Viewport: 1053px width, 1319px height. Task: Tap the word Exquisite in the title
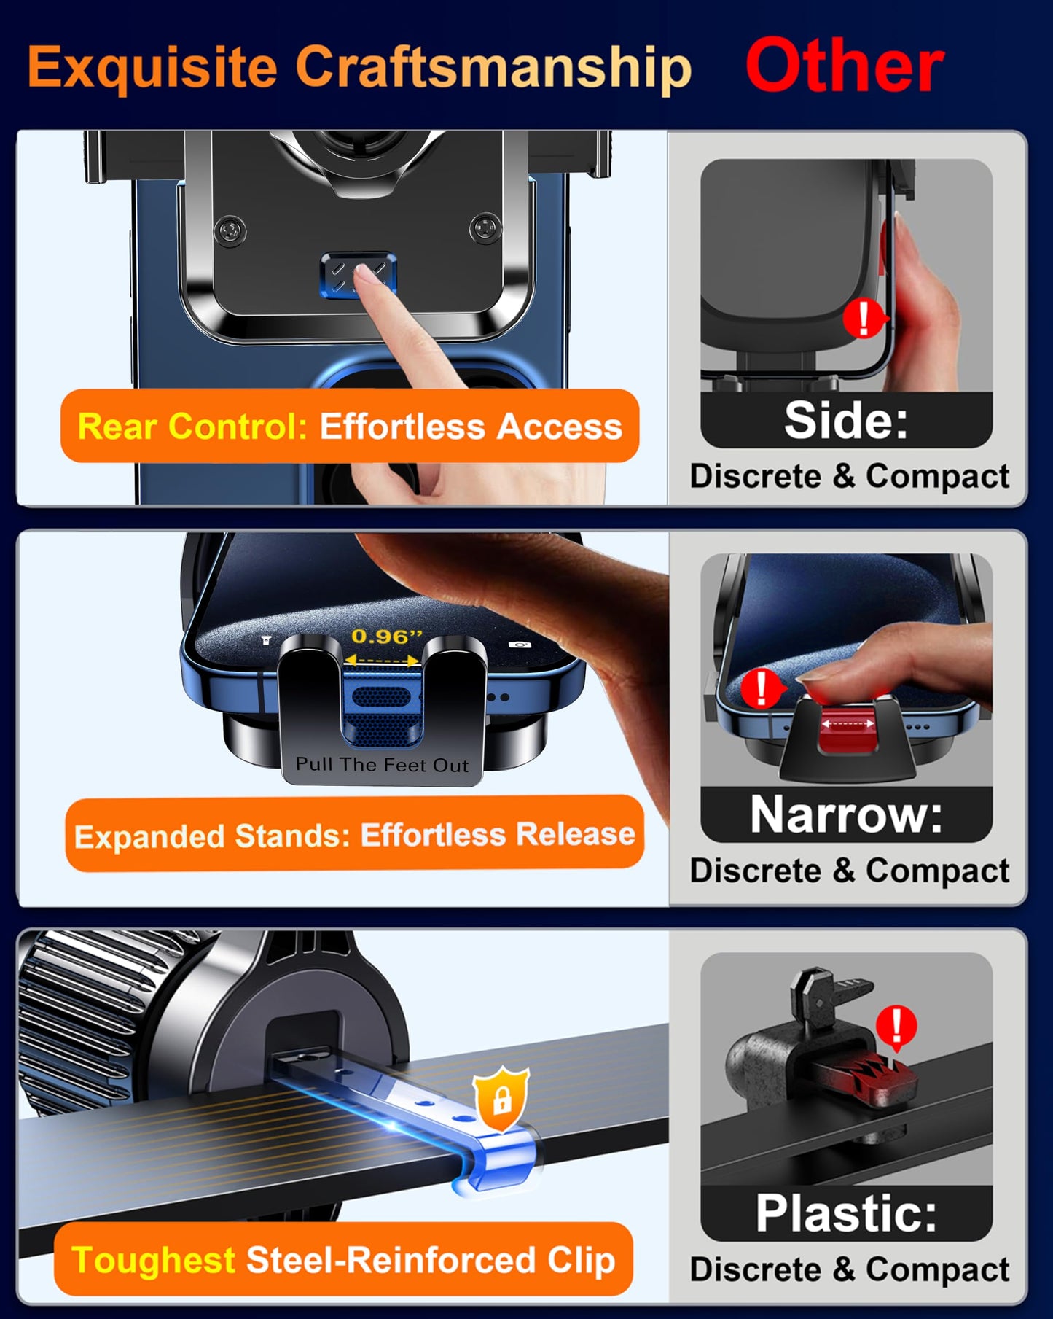pos(152,67)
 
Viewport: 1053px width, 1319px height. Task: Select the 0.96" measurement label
pos(386,637)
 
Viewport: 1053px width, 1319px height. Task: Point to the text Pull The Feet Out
pos(382,765)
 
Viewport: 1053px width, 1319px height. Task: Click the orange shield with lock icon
pos(501,1099)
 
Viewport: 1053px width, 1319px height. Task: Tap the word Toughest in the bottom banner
pos(154,1260)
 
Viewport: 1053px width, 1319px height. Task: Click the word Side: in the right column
pos(846,421)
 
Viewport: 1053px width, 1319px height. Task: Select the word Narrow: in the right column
pos(846,814)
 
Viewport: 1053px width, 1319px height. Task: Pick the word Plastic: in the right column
pos(846,1213)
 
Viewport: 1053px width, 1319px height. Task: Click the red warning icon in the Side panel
pos(864,318)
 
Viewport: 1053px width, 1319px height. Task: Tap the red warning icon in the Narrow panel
pos(762,688)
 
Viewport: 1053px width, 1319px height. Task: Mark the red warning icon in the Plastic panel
pos(896,1027)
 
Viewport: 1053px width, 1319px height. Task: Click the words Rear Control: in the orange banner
pos(192,427)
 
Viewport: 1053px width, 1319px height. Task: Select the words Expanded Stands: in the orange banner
pos(212,836)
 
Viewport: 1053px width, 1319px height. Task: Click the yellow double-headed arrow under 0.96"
pos(382,661)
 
